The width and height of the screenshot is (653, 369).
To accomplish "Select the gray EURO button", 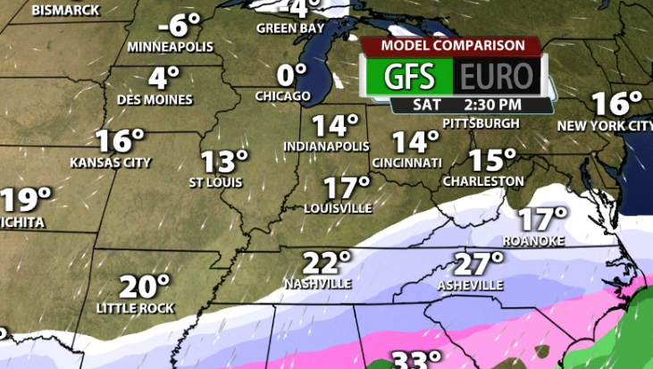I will (498, 76).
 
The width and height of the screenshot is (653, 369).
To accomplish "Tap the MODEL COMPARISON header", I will (453, 46).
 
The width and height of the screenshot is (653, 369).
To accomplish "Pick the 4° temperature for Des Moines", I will (163, 78).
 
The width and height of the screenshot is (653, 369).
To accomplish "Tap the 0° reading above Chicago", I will (285, 74).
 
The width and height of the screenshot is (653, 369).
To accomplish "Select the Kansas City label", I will (111, 163).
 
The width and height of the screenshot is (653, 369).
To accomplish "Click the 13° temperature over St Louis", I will (223, 162).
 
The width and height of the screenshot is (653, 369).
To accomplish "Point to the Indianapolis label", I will (326, 146).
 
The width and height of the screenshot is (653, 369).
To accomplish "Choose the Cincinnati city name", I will (406, 163).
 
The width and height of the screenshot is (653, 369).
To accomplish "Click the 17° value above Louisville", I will (346, 189).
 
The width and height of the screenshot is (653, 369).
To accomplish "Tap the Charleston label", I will (483, 181).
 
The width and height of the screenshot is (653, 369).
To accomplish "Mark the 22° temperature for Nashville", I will (326, 264).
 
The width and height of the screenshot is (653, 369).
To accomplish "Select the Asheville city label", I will (471, 285).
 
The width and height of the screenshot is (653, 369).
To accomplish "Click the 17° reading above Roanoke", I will (544, 218).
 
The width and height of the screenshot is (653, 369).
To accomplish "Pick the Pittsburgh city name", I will (481, 122).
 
